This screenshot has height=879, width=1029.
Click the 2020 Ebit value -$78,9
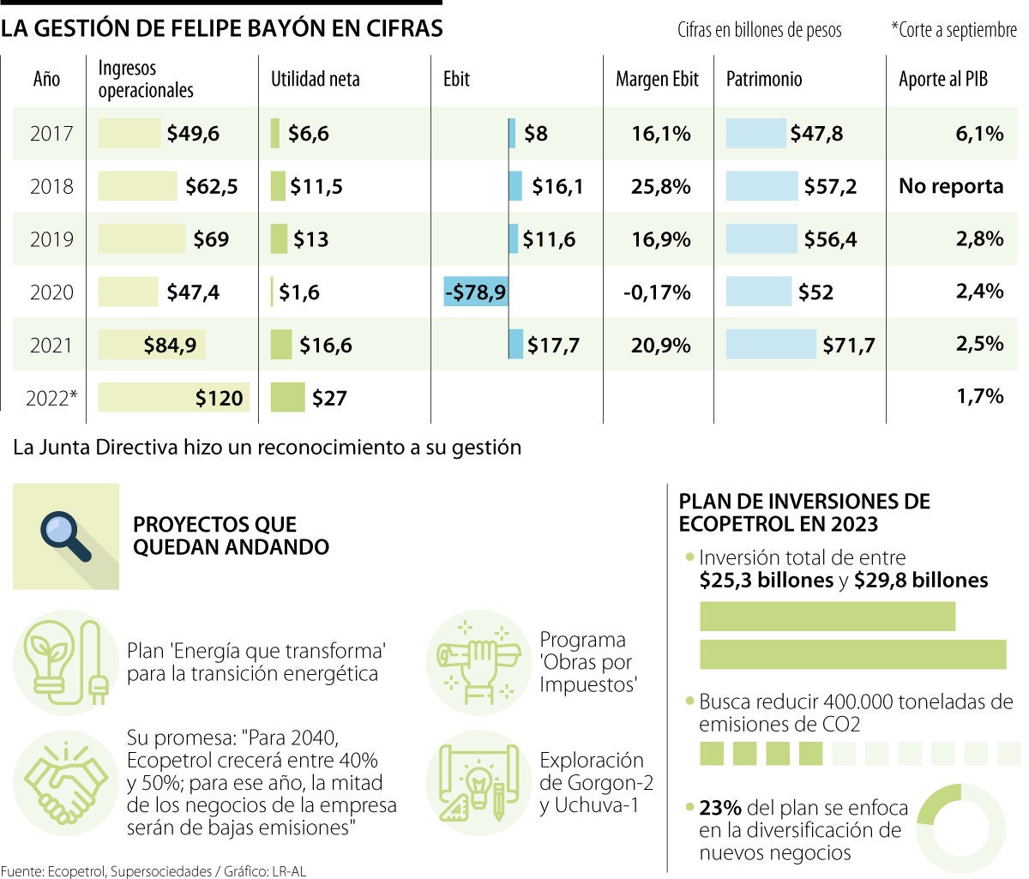(x=476, y=292)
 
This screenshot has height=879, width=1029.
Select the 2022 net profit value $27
(x=329, y=398)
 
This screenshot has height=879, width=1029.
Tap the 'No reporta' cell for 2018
(x=951, y=186)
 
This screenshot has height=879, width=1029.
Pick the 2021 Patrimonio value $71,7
(x=849, y=346)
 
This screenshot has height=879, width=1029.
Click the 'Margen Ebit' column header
(x=657, y=80)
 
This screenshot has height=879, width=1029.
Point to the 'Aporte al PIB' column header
(x=943, y=80)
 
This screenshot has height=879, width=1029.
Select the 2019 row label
(x=51, y=239)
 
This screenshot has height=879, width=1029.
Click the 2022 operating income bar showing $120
(x=174, y=398)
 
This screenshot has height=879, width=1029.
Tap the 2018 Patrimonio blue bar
(x=761, y=186)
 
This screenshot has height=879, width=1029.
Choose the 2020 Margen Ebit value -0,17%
(x=657, y=292)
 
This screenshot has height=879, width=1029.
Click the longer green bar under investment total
(x=852, y=654)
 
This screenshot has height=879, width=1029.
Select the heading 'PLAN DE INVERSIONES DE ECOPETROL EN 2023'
(x=803, y=512)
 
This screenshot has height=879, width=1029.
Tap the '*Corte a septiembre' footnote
(x=954, y=30)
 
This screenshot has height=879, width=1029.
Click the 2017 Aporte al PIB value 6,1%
(x=979, y=133)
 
